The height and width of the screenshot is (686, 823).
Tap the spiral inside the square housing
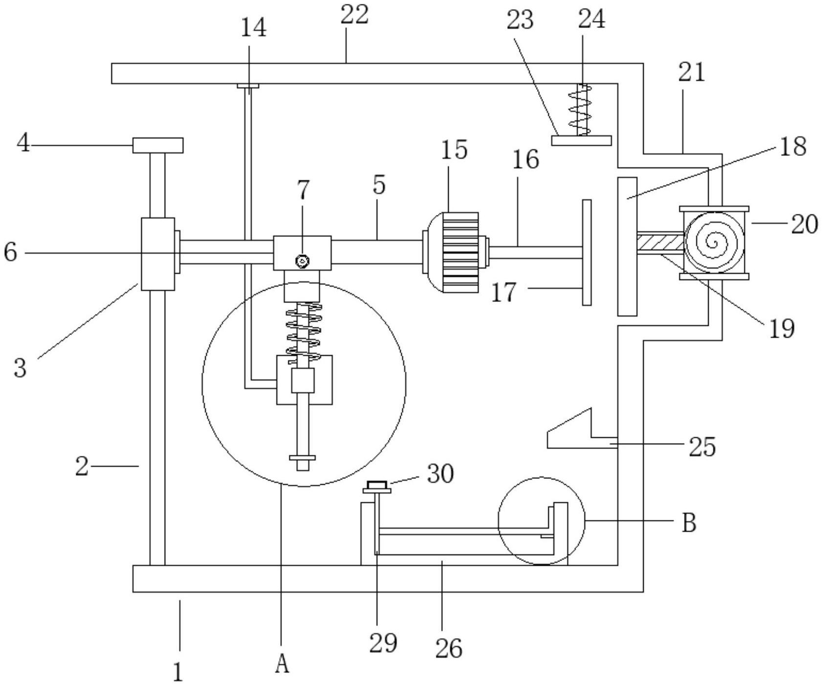coord(714,242)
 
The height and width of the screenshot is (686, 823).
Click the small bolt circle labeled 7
coord(303,262)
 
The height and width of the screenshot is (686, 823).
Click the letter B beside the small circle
coord(689,523)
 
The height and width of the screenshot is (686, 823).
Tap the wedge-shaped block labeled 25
coord(582,429)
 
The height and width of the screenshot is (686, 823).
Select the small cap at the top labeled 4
coord(158,145)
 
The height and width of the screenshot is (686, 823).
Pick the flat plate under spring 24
coord(582,140)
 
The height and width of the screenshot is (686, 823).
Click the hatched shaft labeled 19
coord(660,242)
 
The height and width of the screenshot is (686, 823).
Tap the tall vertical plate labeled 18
coord(628,246)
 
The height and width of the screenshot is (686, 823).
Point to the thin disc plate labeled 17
coord(587,252)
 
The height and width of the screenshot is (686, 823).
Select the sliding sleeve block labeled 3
coord(158,254)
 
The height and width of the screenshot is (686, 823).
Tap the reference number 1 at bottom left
coord(178,672)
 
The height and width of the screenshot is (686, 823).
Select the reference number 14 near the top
coord(254,28)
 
